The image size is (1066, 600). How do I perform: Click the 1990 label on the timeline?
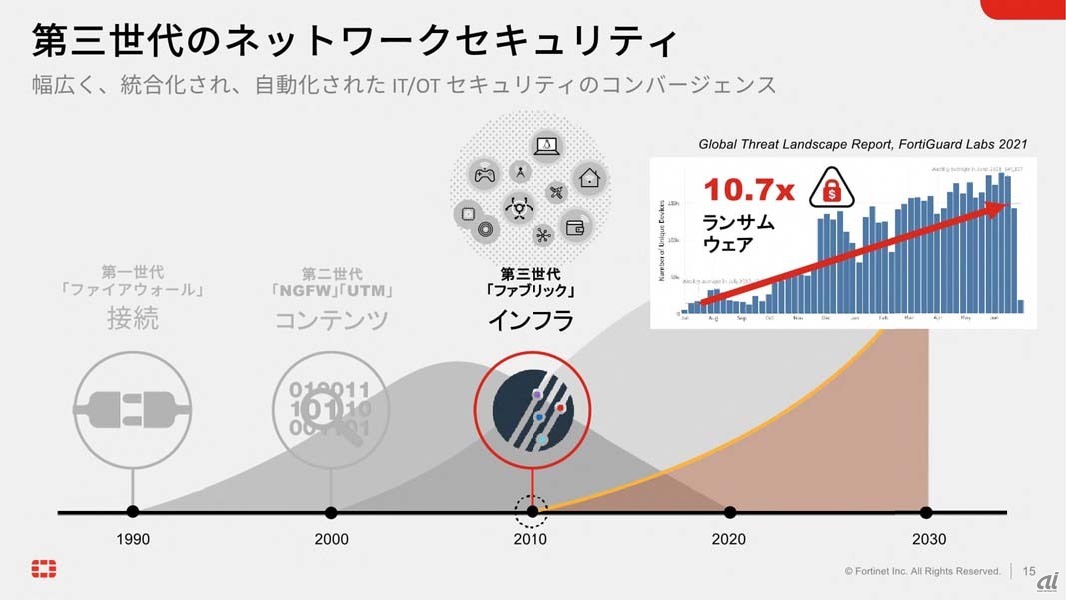(133, 540)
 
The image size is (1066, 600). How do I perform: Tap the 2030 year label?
(928, 540)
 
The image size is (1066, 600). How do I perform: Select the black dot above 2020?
(730, 512)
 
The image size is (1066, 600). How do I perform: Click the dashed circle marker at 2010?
(532, 512)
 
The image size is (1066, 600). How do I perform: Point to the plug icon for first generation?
(133, 410)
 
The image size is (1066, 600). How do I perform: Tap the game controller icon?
(484, 175)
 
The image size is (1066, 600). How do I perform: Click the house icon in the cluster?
(589, 178)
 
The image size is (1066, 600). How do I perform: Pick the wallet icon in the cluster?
(575, 227)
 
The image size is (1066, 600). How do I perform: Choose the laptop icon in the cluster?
(546, 146)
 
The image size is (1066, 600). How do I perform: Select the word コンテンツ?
(331, 320)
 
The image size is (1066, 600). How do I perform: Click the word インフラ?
(531, 320)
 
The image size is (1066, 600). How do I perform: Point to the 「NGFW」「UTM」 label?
(331, 292)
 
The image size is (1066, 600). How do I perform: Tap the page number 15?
(1029, 571)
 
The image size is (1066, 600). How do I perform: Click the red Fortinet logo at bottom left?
(44, 569)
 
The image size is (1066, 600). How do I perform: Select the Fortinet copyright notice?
(922, 571)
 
